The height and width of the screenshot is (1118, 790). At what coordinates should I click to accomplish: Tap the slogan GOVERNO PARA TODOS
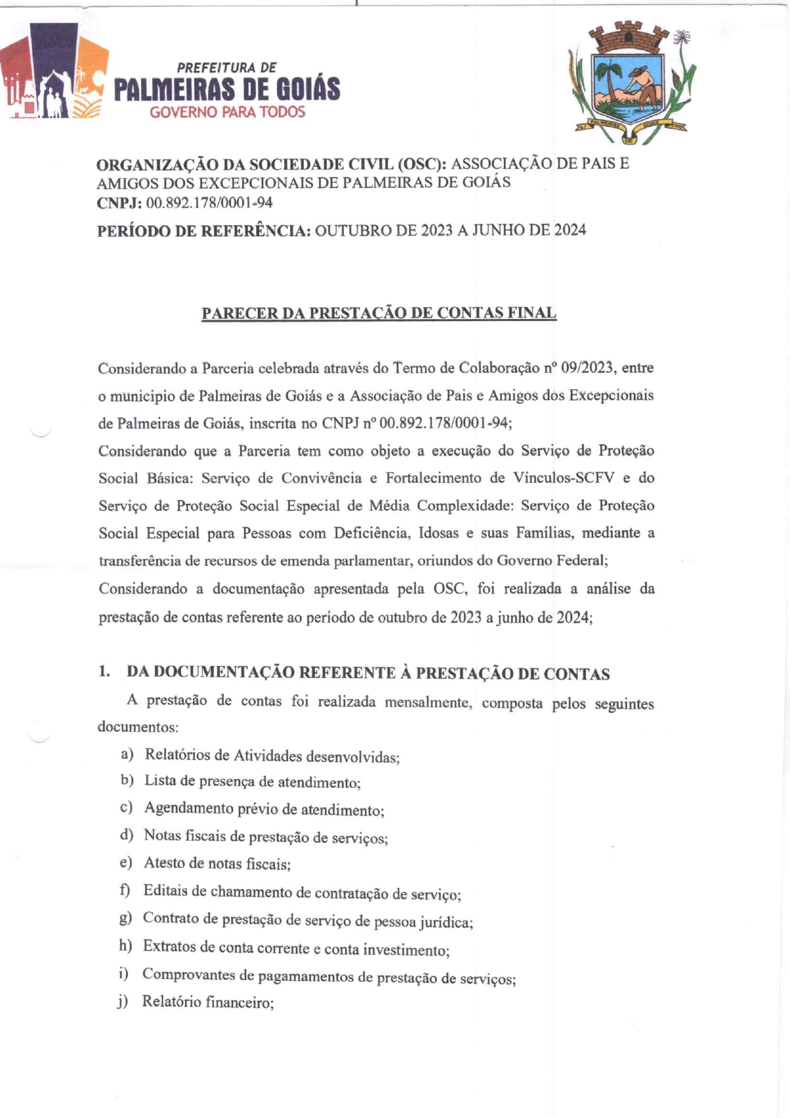coord(227,112)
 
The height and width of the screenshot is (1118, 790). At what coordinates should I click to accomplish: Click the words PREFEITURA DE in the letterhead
coord(227,68)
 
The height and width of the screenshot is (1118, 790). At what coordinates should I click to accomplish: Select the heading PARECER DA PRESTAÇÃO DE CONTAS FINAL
coord(379,313)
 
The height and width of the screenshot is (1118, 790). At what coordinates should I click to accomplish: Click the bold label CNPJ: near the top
coord(119,203)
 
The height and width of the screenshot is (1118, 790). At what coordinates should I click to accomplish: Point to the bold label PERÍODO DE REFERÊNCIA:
coord(204,231)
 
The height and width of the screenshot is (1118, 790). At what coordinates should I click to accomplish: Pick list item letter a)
coord(127,754)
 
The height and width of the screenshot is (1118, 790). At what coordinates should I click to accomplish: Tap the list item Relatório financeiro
coord(208,1002)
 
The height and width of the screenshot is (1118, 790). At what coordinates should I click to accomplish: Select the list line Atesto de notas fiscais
coord(217,864)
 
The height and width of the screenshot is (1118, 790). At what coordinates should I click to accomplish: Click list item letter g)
coord(125,918)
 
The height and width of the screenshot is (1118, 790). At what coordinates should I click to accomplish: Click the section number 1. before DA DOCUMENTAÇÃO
coord(104,671)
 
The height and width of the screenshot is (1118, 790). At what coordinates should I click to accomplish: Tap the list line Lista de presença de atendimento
coord(252,782)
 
